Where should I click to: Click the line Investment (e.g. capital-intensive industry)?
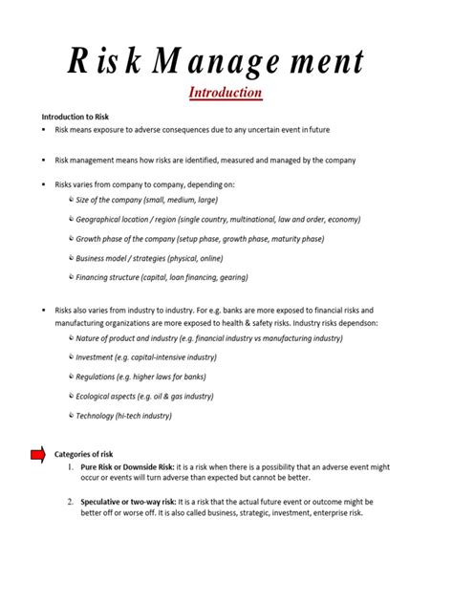[146, 357]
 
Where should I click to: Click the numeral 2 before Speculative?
[71, 502]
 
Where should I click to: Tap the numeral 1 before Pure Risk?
[71, 466]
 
